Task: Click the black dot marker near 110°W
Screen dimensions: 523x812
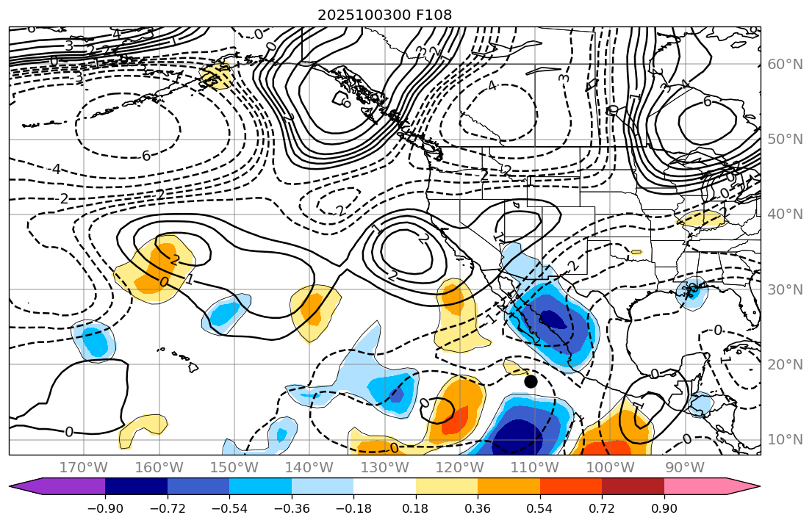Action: pos(531,381)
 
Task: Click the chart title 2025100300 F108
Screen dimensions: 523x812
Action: pos(384,15)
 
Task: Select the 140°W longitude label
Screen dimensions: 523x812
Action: pos(309,468)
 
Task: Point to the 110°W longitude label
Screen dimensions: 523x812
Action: pos(534,468)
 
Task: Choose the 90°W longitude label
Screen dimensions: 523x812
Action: pos(684,468)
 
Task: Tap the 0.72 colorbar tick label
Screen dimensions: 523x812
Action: pos(602,509)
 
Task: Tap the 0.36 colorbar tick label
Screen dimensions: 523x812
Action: pos(478,509)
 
